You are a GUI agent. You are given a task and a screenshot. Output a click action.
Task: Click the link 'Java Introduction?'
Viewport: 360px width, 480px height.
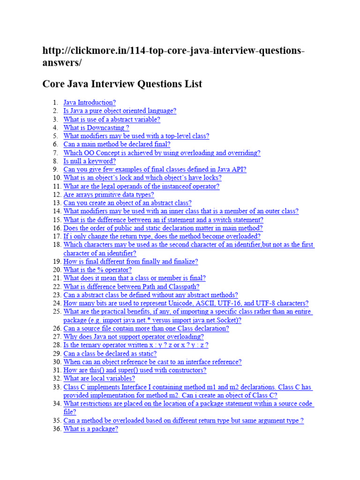click(x=89, y=103)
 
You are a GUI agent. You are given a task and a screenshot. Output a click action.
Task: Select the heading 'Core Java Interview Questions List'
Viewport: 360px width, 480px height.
click(x=122, y=84)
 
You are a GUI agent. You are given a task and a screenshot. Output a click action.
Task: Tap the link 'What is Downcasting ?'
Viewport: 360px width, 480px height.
click(x=96, y=128)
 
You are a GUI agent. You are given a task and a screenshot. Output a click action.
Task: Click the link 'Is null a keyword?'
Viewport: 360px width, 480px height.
click(x=90, y=161)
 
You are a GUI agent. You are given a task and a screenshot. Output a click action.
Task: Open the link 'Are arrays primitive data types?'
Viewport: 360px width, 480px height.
click(x=108, y=195)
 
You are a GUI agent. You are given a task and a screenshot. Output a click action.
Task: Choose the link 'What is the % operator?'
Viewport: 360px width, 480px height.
click(x=97, y=270)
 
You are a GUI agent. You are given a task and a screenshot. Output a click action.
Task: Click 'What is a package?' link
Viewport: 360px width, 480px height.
click(x=90, y=429)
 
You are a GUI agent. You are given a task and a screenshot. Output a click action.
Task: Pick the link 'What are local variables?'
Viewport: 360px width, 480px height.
click(x=99, y=379)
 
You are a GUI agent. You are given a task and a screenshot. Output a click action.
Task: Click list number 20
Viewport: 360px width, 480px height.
click(x=56, y=270)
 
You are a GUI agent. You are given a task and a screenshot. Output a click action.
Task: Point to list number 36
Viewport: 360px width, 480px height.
click(x=56, y=429)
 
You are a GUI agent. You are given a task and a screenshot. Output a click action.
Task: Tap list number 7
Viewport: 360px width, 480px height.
click(x=55, y=153)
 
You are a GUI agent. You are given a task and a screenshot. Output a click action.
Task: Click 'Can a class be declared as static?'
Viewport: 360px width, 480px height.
click(x=110, y=354)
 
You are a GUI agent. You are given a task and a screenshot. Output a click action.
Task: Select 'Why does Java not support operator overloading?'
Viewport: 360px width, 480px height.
click(x=134, y=337)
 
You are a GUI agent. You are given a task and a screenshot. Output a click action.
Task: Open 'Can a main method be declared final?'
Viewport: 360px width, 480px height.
click(x=117, y=144)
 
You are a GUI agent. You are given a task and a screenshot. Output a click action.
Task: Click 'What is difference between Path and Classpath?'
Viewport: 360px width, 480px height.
click(x=131, y=287)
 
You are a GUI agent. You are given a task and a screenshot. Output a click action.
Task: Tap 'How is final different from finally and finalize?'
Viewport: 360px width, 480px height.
click(x=131, y=262)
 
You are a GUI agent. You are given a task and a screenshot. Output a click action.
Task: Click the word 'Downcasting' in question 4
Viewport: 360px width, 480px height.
click(x=101, y=128)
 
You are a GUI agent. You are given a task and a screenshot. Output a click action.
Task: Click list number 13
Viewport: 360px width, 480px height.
click(x=56, y=203)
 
